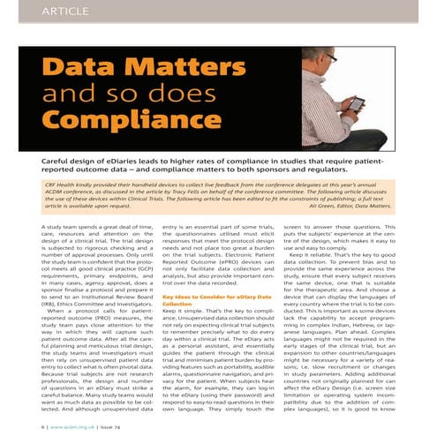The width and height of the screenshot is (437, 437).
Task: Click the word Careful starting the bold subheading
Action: pos(59,161)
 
